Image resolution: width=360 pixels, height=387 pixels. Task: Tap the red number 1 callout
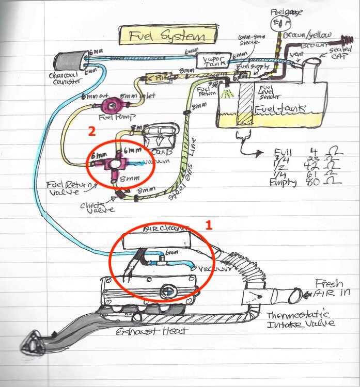pos(209,225)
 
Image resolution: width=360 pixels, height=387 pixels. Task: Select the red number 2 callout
pos(91,132)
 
